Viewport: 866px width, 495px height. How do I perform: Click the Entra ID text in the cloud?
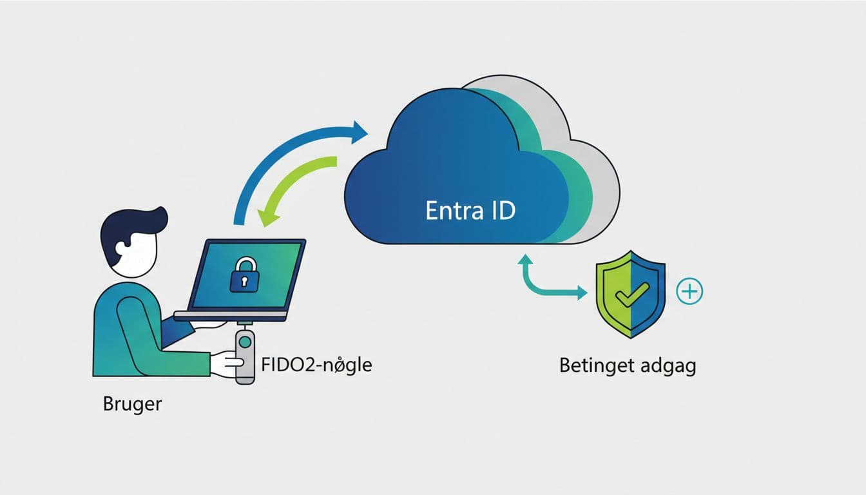coord(470,211)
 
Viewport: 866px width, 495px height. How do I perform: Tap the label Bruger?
coord(132,405)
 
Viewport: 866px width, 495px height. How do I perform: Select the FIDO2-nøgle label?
coord(316,365)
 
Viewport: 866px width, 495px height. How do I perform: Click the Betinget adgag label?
coord(628,365)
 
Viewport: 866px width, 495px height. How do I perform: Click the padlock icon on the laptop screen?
coord(244,277)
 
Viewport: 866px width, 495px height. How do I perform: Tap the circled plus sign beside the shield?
coord(689,291)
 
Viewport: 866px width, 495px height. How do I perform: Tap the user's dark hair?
coord(132,226)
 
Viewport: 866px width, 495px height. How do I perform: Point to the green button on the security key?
coord(245,343)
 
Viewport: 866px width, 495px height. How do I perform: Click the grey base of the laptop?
coord(231,315)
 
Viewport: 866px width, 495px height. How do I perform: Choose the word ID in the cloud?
coord(499,211)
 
